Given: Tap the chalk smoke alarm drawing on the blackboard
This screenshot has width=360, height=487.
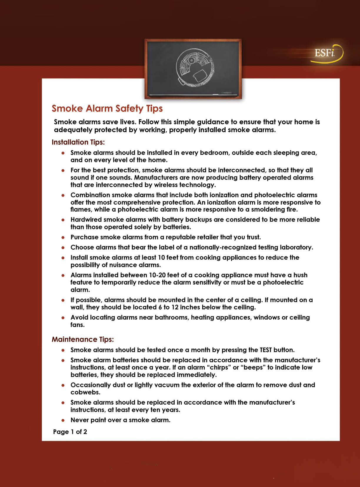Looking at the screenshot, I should point(195,68).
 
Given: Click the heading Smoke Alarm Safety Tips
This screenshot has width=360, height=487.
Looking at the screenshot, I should point(107,109).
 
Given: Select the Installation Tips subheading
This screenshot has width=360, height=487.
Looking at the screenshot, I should point(78,142).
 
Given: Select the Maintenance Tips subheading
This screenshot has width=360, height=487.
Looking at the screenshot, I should point(83,339).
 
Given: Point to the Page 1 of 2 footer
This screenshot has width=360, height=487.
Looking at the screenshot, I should point(70,432).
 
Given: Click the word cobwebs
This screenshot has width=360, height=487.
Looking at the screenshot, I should point(85,392).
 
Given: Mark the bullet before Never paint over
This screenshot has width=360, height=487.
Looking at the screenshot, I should point(63,420).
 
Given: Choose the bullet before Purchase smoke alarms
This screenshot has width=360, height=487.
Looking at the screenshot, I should point(63,237).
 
